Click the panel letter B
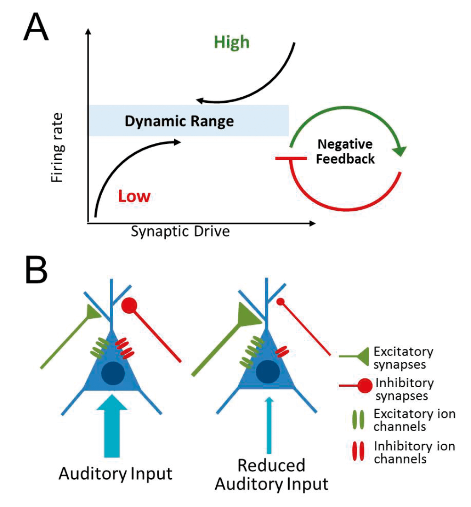point(36,270)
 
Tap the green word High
point(232,42)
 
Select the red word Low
point(134,196)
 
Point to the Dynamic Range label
point(179,121)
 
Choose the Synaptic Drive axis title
point(180,232)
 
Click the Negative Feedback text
point(345,151)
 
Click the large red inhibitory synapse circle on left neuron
point(129,306)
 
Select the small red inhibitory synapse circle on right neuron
point(281,302)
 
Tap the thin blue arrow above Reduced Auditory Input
point(269,424)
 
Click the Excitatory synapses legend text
point(403,357)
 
